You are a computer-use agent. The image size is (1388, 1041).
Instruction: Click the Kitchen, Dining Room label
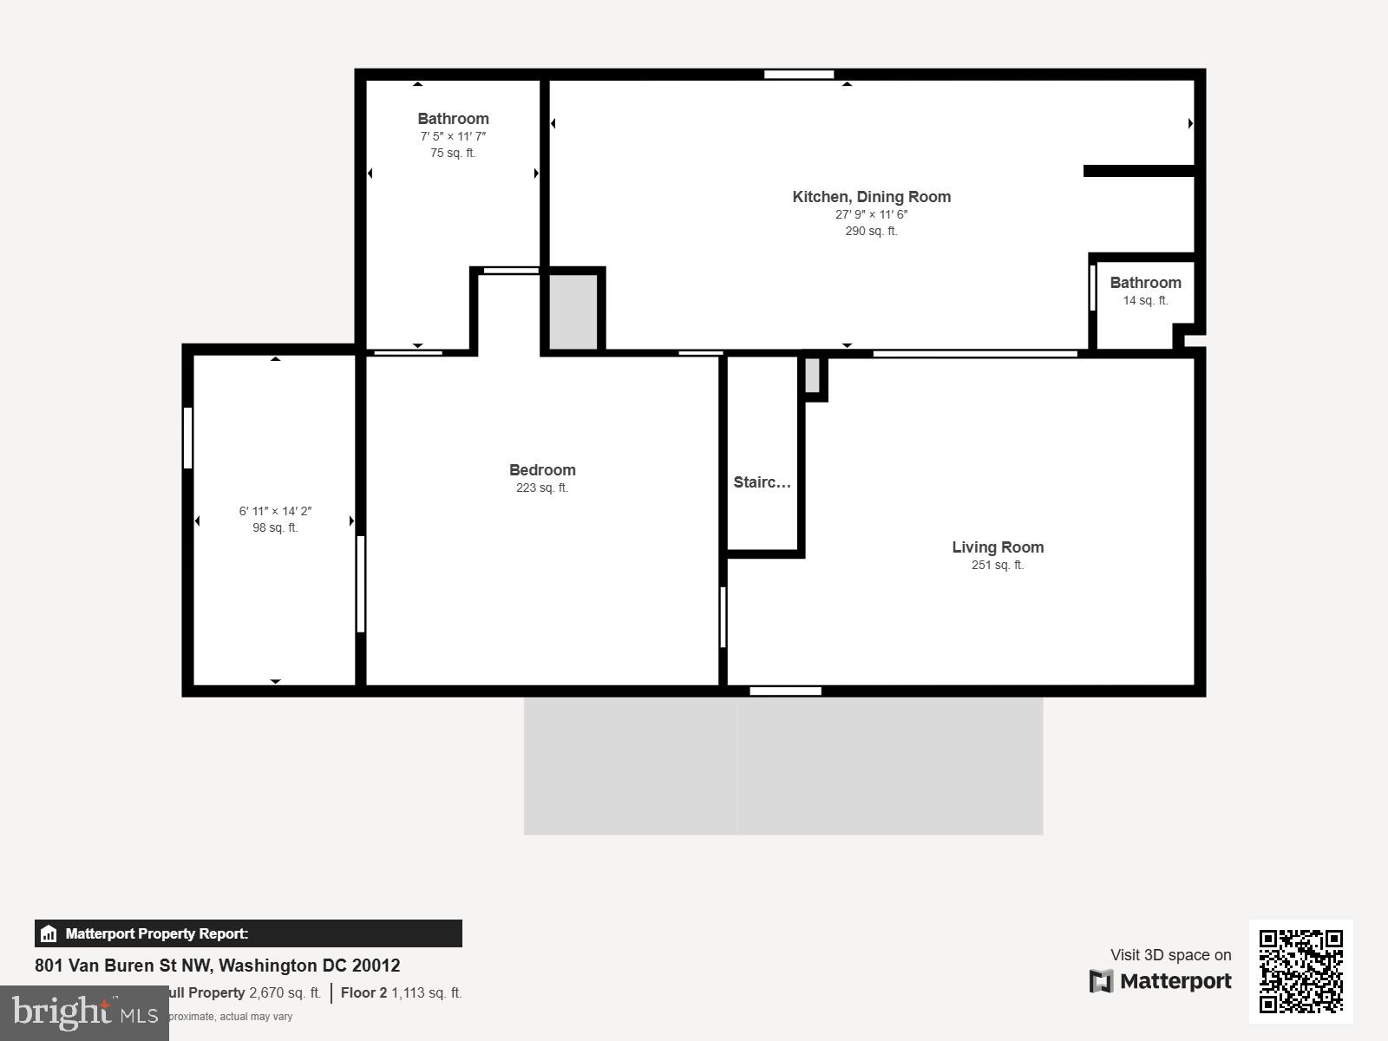(871, 197)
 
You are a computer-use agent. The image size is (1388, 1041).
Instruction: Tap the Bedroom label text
(542, 470)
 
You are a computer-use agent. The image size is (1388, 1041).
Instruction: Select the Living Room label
(998, 547)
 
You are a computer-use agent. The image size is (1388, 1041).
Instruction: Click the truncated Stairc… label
(762, 482)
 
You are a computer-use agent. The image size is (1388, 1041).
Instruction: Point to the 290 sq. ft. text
(871, 232)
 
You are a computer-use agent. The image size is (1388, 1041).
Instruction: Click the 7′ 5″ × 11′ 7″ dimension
(453, 137)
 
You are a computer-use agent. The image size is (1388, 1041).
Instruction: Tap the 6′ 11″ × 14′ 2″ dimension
(275, 512)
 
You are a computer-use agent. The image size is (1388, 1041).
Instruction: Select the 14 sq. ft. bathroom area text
(1145, 301)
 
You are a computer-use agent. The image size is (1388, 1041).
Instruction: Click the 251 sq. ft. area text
(998, 566)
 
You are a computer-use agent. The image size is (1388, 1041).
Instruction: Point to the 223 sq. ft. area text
(542, 488)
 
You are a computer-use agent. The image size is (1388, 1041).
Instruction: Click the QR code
(1300, 971)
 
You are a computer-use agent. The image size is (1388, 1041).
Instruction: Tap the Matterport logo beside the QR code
(1161, 981)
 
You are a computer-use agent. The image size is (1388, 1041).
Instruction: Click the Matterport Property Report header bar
(248, 933)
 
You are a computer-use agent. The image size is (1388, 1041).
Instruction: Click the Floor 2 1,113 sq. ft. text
(401, 993)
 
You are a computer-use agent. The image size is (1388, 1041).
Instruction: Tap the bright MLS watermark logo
(84, 1012)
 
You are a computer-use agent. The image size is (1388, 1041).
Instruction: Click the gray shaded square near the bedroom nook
(573, 312)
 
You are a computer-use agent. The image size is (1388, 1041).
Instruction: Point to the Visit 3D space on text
(1170, 955)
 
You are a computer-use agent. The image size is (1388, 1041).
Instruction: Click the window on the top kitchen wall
(799, 75)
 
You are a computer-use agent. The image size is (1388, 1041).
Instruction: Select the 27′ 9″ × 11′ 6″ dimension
(871, 215)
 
